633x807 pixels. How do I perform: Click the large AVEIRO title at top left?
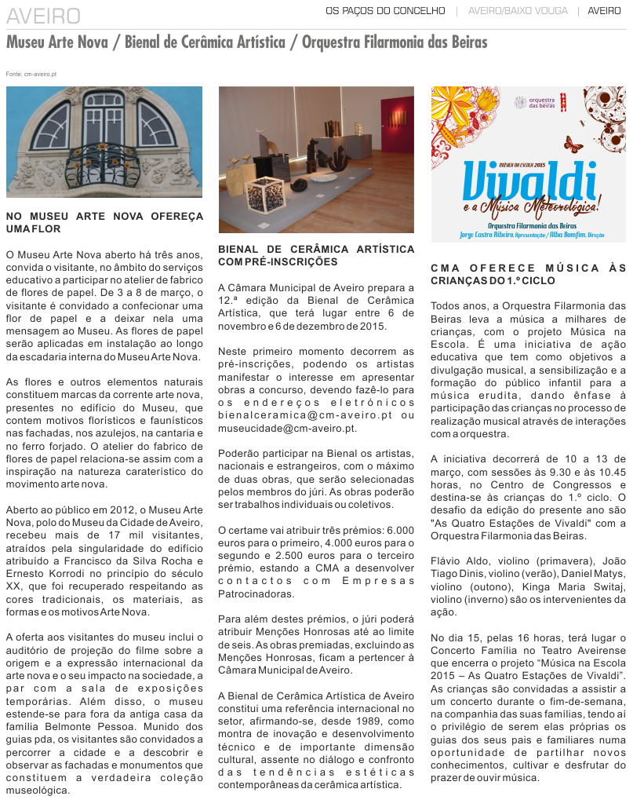pos(44,16)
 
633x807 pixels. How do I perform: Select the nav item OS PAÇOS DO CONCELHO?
pos(385,11)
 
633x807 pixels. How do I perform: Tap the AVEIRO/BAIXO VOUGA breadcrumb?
pos(517,11)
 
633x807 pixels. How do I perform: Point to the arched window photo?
pos(104,141)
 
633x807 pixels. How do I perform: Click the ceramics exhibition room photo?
pos(316,159)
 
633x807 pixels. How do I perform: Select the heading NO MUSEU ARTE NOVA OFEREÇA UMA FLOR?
pos(104,222)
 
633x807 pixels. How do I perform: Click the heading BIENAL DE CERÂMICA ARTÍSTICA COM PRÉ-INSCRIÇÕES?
pos(316,255)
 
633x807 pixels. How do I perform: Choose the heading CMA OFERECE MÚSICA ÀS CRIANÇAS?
pos(529,274)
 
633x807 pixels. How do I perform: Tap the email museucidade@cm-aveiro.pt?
pos(287,429)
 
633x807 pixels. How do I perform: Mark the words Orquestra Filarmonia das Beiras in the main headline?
pos(395,42)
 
